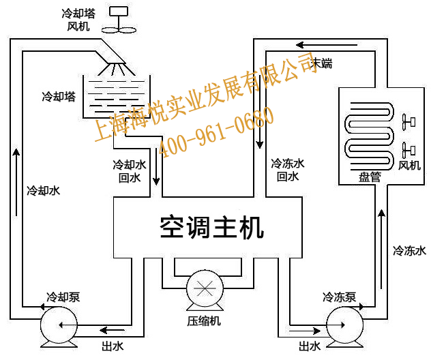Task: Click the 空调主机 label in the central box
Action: [211, 227]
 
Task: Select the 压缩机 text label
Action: [205, 320]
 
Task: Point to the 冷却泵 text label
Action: [63, 297]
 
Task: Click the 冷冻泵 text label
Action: [340, 297]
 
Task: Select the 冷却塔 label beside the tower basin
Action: [58, 97]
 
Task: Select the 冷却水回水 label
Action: [129, 170]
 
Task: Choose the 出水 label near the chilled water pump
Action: [309, 346]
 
